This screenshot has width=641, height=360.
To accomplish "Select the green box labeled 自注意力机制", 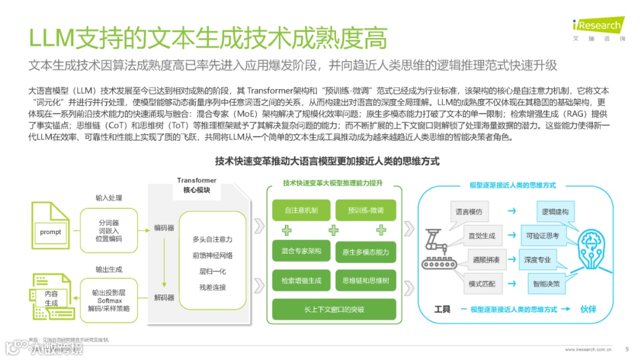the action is coord(301,211).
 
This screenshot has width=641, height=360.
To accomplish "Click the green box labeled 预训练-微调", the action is coord(366,211).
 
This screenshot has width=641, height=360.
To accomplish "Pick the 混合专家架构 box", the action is coord(301,251).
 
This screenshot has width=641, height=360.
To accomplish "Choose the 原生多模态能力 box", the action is coord(366,252).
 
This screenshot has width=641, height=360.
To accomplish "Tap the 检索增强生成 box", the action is coord(301,281).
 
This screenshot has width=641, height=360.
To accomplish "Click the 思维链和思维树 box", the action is coord(366,281).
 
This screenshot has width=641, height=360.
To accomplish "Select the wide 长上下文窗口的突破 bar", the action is coord(334,309).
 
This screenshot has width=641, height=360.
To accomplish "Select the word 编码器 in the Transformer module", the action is coord(164,227).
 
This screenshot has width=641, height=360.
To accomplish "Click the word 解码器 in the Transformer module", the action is coord(164,297).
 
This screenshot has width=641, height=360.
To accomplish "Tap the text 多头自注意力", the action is coord(212,239).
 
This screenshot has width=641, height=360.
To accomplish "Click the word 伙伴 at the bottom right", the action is coord(588,309).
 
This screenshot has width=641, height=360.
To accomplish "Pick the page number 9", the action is coord(627,349).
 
